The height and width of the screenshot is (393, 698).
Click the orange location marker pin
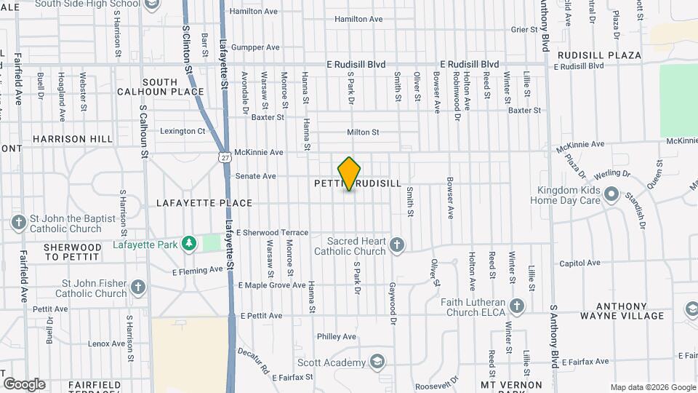[x=350, y=174]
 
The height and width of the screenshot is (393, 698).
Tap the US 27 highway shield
[x=225, y=156]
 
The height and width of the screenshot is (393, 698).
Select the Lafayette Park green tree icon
[x=189, y=243]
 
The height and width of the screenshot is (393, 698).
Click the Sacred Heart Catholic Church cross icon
[x=397, y=245]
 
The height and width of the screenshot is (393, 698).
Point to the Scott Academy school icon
[x=377, y=361]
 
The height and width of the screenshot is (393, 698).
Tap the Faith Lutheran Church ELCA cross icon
[x=517, y=305]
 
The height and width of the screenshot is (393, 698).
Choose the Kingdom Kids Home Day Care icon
[x=611, y=195]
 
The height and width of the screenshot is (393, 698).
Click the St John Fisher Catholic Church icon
[x=138, y=287]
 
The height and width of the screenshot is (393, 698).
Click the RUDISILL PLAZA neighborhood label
[x=599, y=55]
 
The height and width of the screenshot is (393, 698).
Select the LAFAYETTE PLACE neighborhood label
[x=204, y=203]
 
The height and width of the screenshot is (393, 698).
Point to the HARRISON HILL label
[x=73, y=138]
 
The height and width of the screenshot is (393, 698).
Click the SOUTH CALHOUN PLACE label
[x=173, y=87]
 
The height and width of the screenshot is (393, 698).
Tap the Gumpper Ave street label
[x=254, y=47]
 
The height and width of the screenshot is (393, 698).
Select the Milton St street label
[x=363, y=132]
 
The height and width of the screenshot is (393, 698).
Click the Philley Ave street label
[x=337, y=337]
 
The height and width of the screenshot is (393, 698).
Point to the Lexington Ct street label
[x=182, y=131]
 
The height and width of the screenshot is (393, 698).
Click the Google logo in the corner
[x=24, y=384]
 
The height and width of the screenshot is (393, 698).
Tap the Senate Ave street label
[x=256, y=176]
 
